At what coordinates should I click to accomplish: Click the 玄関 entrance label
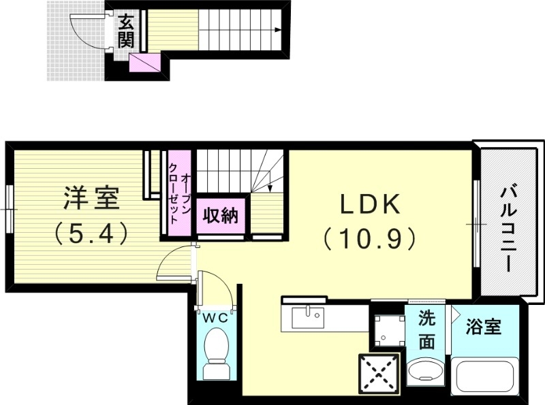pyautogui.click(x=125, y=31)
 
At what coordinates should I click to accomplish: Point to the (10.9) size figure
pyautogui.click(x=369, y=238)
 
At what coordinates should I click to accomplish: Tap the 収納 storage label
pyautogui.click(x=219, y=216)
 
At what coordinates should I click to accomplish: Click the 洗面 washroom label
pyautogui.click(x=426, y=329)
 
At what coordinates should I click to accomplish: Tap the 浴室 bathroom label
pyautogui.click(x=484, y=327)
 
